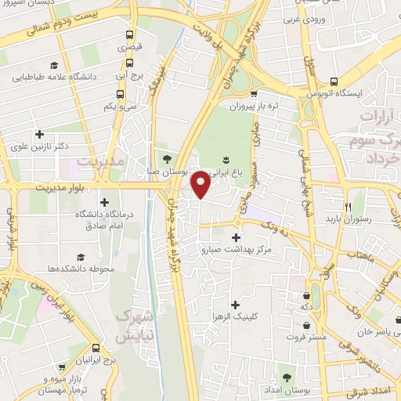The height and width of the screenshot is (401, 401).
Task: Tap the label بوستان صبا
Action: coord(165,169)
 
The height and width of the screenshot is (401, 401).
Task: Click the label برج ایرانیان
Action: coord(95,359)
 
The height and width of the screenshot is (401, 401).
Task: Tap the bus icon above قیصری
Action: coord(130,35)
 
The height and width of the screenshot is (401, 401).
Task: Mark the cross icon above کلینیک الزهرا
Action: coord(235,304)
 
